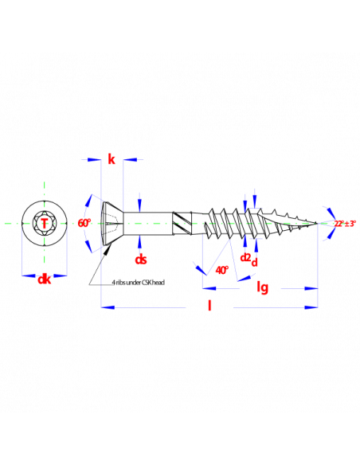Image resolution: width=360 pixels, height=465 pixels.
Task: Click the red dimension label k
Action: [x=112, y=159]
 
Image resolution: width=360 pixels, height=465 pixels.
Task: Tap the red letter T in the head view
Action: [x=44, y=223]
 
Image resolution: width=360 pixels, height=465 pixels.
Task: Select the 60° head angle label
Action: [x=84, y=223]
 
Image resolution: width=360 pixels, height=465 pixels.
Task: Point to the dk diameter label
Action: [x=45, y=279]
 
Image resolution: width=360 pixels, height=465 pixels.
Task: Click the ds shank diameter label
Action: [x=140, y=260]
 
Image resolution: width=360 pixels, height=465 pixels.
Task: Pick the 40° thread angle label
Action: [x=222, y=270]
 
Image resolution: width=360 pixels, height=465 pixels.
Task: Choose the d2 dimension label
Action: [x=245, y=257]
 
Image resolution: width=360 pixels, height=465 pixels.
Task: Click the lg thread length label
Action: [x=263, y=287]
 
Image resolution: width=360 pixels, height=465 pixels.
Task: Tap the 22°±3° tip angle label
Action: [x=345, y=224]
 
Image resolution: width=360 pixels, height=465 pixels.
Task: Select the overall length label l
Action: [x=209, y=305]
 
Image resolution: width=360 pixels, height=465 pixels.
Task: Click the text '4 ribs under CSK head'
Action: [x=139, y=283]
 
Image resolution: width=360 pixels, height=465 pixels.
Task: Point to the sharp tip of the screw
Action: [x=317, y=223]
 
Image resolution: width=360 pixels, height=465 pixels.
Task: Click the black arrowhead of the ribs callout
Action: [x=108, y=248]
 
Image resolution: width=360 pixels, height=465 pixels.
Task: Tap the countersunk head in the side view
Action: [x=113, y=223]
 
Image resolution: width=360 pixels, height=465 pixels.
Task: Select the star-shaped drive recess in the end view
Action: [x=44, y=223]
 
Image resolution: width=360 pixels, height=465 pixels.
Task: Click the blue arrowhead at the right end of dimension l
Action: [x=311, y=307]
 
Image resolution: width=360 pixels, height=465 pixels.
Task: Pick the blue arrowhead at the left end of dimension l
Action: [x=108, y=307]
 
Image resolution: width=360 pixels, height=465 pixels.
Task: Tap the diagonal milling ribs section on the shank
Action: [x=182, y=223]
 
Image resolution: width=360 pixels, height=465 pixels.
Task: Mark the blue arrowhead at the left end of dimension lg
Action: [x=209, y=288]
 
